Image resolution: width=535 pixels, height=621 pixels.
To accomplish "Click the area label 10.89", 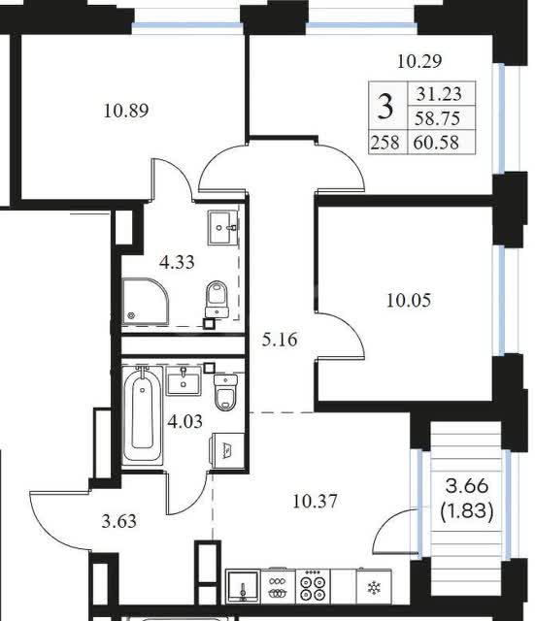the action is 126,111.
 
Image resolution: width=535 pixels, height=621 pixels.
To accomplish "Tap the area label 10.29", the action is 419,61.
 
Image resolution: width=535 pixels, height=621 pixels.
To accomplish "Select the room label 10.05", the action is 409,301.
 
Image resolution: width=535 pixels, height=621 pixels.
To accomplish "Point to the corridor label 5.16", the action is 280,340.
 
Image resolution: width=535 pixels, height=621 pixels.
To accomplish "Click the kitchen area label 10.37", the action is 315,502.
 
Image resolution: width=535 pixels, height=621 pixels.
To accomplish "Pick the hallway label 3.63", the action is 118,521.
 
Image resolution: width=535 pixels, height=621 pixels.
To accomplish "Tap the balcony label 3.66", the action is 467,486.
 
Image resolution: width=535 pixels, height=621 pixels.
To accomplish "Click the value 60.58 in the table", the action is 436,143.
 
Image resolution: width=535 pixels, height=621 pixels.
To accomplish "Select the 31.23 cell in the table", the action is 439,94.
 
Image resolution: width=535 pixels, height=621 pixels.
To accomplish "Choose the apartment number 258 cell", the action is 385,143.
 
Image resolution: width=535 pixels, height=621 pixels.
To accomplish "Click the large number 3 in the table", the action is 385,107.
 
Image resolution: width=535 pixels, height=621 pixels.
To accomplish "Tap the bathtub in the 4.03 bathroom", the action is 143,414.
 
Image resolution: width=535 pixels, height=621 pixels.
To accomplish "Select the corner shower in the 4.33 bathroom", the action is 145,302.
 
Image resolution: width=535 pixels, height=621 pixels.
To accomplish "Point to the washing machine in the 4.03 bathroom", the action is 226,450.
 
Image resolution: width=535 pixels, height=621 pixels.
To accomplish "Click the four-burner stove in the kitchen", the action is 313,587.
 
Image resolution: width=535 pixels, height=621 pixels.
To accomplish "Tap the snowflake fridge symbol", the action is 374,587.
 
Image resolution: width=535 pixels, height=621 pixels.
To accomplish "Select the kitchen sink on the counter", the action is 243,587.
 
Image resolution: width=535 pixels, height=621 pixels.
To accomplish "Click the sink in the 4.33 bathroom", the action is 222,228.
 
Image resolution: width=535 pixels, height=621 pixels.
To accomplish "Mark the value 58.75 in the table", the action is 437,118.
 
